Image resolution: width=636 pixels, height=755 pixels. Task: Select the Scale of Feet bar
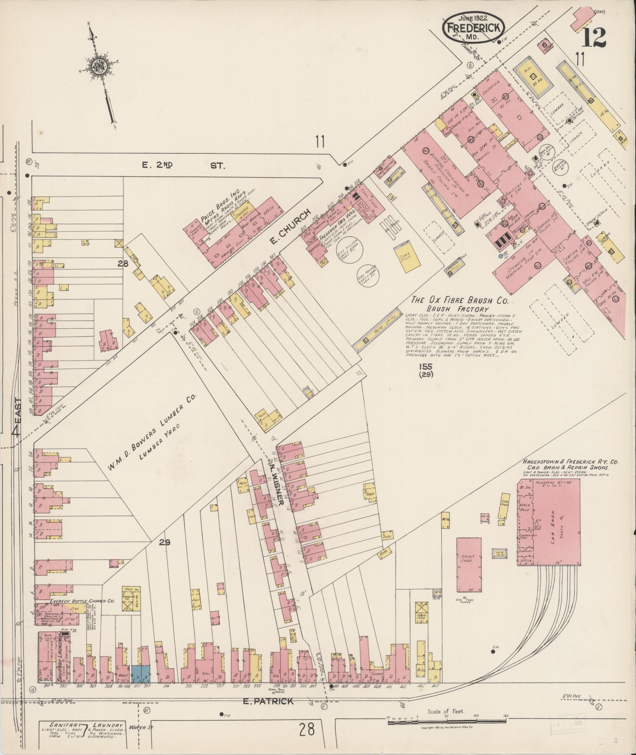[446, 716]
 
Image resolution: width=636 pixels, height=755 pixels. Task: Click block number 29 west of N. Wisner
[165, 543]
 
